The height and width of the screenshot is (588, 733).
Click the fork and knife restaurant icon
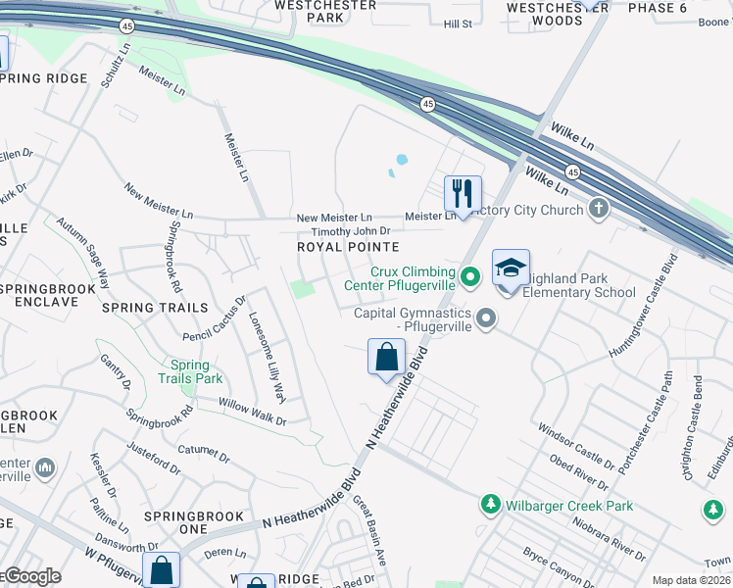463,193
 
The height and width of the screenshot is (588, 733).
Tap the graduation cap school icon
510,269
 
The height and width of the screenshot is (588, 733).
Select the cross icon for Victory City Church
598,208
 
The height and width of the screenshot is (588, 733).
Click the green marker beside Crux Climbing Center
469,277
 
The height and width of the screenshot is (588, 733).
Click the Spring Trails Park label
190,371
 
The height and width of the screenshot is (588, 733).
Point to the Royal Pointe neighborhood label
348,247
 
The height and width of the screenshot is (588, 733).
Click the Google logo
31,576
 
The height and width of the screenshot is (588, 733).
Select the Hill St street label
458,24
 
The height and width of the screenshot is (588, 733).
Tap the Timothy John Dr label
337,231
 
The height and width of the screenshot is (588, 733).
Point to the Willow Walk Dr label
252,412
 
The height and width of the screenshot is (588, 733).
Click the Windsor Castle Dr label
575,441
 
